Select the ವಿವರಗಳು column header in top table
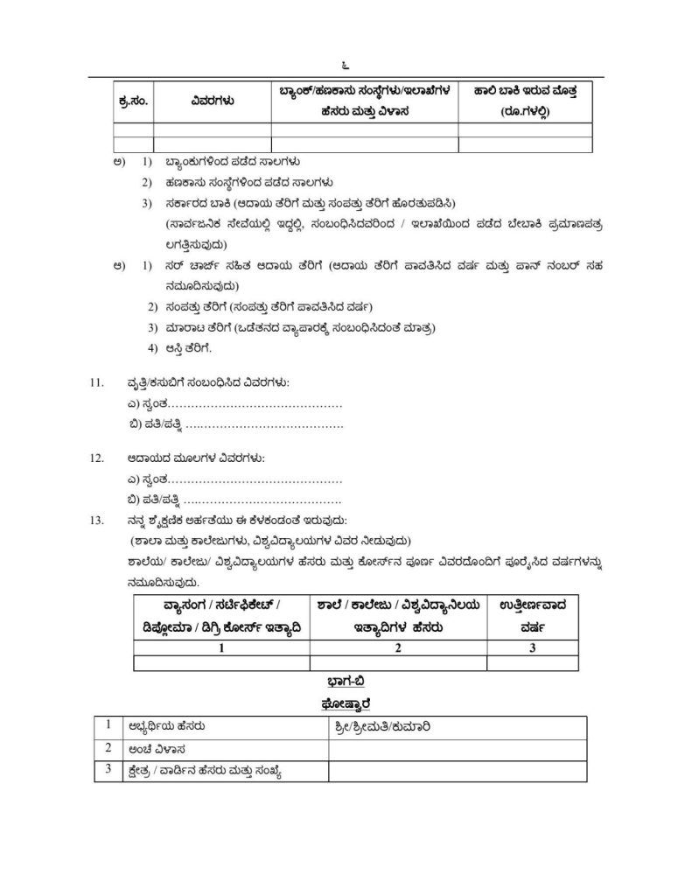[x=212, y=101]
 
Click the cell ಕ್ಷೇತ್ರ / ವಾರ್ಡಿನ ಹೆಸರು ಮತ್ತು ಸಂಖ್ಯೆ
[x=209, y=771]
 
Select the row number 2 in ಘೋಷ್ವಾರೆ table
[x=108, y=749]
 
